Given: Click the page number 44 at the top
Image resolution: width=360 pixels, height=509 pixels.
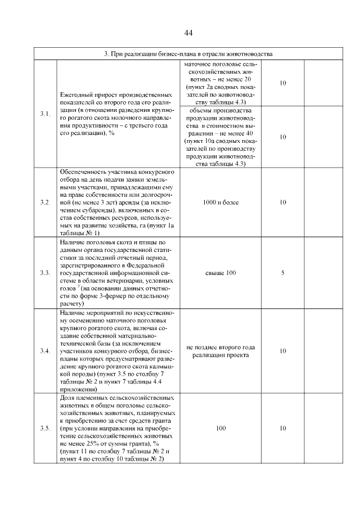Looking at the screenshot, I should click(188, 33).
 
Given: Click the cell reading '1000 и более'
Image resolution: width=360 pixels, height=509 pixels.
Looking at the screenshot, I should click(220, 202).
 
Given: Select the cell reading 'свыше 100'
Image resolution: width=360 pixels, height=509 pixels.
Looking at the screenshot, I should click(220, 273).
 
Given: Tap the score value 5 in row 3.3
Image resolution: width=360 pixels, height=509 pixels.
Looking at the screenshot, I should click(283, 273).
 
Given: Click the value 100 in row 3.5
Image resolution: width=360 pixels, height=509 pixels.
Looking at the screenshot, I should click(220, 429).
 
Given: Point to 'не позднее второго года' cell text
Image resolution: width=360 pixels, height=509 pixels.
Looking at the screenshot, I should click(221, 347).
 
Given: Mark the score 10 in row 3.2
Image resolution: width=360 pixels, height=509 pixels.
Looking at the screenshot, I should click(283, 202).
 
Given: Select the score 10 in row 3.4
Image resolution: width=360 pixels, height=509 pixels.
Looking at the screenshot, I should click(283, 351).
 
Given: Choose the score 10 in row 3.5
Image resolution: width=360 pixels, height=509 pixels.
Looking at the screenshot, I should click(283, 429).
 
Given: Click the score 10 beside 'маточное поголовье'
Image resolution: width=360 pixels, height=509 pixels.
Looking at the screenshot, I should click(283, 83).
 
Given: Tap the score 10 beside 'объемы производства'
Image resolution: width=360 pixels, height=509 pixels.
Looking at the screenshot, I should click(283, 137).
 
